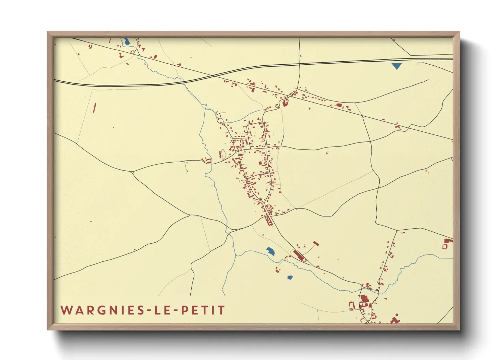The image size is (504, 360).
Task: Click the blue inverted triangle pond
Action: pos(396,66)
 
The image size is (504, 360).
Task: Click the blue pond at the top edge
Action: pos(126,42)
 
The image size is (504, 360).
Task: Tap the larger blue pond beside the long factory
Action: pos(271,251)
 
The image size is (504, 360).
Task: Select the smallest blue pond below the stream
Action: pos(290,277)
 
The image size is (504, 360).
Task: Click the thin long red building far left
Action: pos(94,108)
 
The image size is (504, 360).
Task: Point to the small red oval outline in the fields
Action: pos(327,153)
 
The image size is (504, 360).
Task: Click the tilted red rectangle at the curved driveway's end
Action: pos(316,243)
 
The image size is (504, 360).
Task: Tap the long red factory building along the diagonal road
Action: pos(299,255)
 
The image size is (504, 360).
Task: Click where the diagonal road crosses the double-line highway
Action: pos(213,76)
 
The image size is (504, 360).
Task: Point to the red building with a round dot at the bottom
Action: pos(395,320)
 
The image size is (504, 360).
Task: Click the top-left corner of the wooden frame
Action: pos(48,32)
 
